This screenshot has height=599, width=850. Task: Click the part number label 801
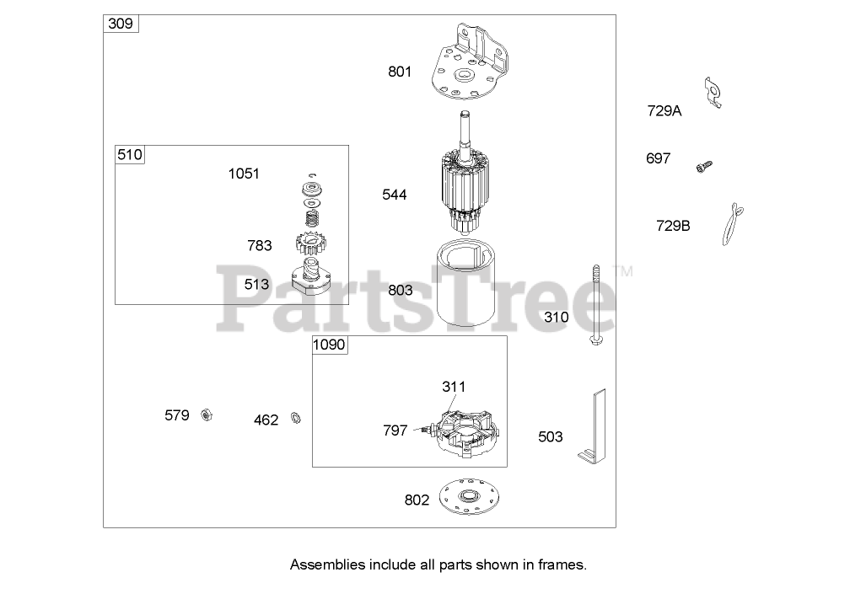(400, 72)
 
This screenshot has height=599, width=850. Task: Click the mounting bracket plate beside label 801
(469, 66)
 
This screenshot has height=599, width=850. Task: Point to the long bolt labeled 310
(594, 308)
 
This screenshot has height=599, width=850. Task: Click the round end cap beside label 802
(465, 499)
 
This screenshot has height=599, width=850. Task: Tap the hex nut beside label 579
(205, 415)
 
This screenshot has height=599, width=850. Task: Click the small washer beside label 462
(296, 418)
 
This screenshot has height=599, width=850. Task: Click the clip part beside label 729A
(713, 93)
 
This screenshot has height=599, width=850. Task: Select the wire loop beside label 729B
(730, 224)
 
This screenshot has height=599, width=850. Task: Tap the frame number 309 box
(121, 24)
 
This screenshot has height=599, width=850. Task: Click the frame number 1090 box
(331, 345)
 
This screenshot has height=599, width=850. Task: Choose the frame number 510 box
(130, 154)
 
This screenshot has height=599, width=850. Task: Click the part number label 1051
(244, 174)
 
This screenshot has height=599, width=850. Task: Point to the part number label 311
(454, 387)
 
